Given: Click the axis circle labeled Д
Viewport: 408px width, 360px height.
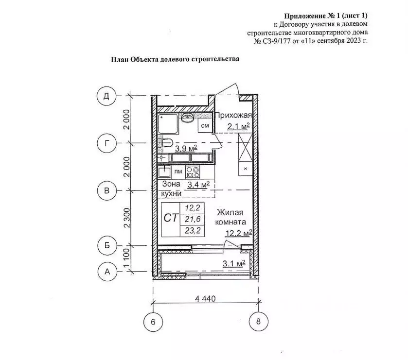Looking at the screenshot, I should click(106, 95).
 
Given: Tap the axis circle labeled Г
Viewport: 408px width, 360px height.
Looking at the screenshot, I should click(106, 143).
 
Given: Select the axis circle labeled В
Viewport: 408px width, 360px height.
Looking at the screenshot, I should click(106, 190).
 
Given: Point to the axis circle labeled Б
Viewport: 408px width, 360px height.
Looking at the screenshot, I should click(106, 245).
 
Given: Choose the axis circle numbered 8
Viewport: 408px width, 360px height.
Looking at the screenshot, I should click(258, 321).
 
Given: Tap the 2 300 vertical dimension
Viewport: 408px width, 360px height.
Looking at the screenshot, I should click(126, 217).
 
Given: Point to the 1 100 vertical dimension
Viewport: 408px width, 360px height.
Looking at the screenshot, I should click(126, 258).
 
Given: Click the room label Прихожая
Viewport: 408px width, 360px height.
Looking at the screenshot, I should click(233, 115).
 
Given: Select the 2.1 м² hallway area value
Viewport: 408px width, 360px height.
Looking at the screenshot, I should click(238, 127).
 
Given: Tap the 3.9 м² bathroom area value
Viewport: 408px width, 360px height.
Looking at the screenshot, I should click(186, 148).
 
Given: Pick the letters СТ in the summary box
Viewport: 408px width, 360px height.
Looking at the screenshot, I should click(170, 219).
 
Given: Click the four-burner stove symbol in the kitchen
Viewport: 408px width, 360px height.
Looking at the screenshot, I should click(193, 172).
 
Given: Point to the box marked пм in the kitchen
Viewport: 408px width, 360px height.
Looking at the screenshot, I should click(178, 171).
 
